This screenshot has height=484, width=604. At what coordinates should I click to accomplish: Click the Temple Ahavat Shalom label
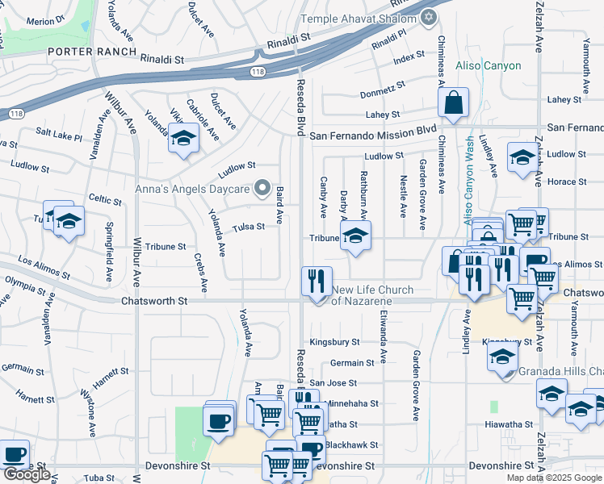359,19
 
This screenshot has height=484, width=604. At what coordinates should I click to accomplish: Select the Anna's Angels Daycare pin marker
262,190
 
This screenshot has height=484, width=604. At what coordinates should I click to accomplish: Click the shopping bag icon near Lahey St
454,103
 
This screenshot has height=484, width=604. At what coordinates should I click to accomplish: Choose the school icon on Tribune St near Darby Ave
354,237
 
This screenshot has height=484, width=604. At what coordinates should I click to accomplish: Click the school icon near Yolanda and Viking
183,137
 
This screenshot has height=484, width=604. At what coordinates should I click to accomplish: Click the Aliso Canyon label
489,66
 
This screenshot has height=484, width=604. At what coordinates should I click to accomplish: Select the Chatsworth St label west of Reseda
153,301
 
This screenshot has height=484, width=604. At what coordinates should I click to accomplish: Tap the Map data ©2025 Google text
553,478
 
